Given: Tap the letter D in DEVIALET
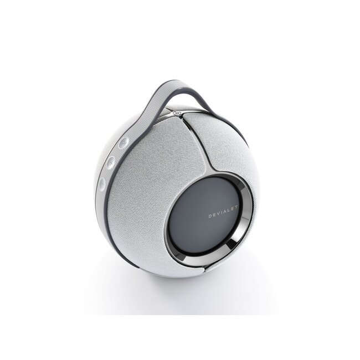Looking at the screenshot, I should point(210,217).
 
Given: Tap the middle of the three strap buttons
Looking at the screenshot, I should point(111,162).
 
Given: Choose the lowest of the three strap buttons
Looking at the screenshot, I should point(102,182).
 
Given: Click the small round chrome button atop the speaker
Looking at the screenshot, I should point(177,115).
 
